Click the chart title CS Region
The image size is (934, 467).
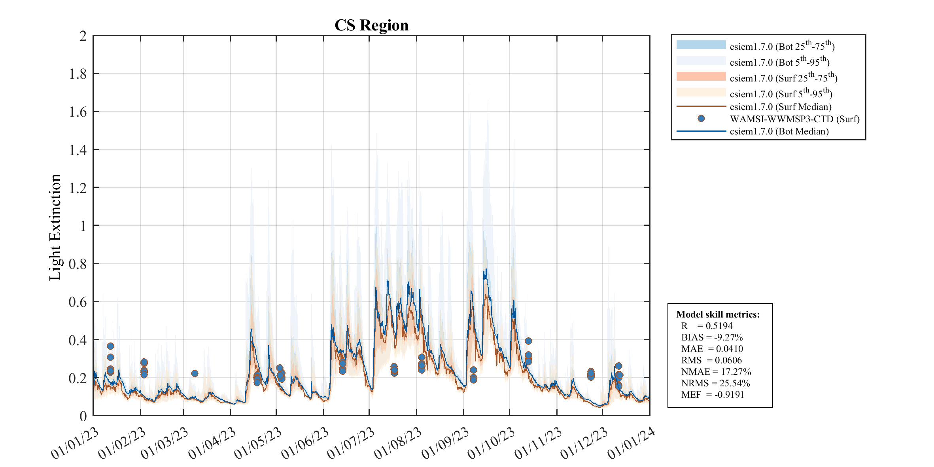pyautogui.click(x=371, y=25)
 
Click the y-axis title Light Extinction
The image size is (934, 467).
pyautogui.click(x=55, y=227)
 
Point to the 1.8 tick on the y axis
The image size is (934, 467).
pyautogui.click(x=78, y=74)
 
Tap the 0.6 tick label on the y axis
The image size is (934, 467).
pyautogui.click(x=78, y=302)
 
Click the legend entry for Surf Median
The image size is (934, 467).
pyautogui.click(x=780, y=107)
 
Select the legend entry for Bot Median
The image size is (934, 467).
pyautogui.click(x=779, y=131)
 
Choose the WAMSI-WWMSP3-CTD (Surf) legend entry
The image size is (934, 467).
pyautogui.click(x=794, y=119)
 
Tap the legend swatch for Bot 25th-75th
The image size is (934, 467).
pyautogui.click(x=701, y=45)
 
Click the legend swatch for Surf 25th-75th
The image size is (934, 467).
pyautogui.click(x=701, y=76)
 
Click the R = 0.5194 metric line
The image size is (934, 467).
pyautogui.click(x=707, y=326)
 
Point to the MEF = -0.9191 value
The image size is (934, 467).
pyautogui.click(x=713, y=395)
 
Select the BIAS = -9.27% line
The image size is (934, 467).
pyautogui.click(x=712, y=337)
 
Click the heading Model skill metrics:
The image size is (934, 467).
pyautogui.click(x=718, y=314)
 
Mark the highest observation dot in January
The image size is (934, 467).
pyautogui.click(x=110, y=346)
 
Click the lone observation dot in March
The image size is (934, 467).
pyautogui.click(x=195, y=373)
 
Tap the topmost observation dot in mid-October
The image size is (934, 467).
pyautogui.click(x=528, y=341)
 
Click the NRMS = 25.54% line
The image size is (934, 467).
pyautogui.click(x=716, y=383)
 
